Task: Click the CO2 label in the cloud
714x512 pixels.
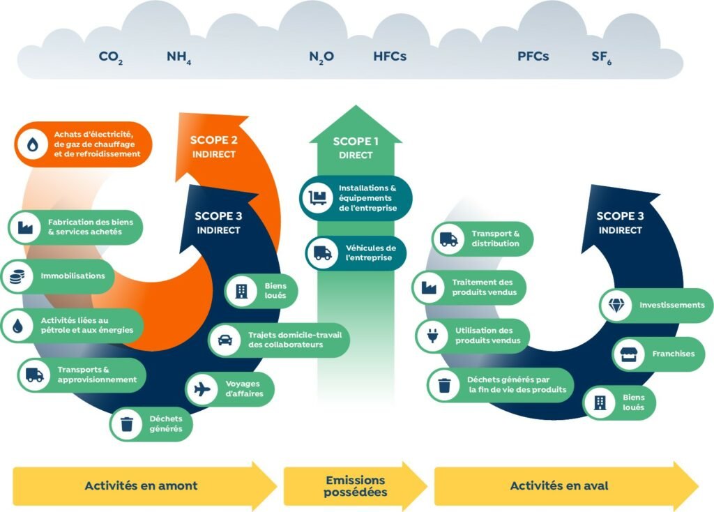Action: click(x=111, y=57)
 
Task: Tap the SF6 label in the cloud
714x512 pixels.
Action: click(x=601, y=57)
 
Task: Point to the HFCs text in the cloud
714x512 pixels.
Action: click(x=390, y=57)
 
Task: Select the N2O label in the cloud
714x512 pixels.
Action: click(x=321, y=57)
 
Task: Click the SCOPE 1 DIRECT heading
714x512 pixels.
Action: click(x=356, y=148)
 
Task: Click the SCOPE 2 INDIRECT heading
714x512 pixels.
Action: click(x=213, y=146)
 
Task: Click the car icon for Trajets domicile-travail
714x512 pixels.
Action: click(x=225, y=340)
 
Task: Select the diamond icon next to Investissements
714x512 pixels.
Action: click(x=616, y=306)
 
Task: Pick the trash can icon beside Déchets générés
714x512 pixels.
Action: click(x=126, y=423)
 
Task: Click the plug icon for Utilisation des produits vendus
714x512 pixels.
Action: click(x=430, y=336)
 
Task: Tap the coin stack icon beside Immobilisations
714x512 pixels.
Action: click(x=15, y=276)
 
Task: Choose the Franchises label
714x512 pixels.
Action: click(x=673, y=354)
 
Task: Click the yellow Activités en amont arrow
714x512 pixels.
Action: click(x=143, y=485)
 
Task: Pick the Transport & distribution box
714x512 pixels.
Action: click(x=483, y=239)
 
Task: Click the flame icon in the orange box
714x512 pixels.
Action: click(x=33, y=144)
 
